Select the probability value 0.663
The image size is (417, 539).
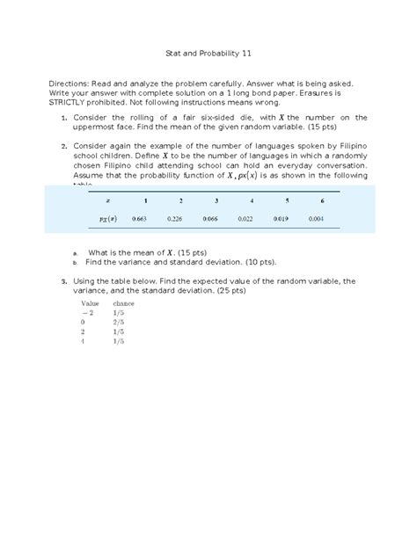[x=138, y=219]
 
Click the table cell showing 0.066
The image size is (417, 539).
[x=209, y=219]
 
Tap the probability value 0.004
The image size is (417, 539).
[x=315, y=219]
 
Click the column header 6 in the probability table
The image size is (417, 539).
[x=322, y=200]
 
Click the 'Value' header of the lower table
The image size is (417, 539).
[x=90, y=302]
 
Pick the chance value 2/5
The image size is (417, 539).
[x=119, y=323]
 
